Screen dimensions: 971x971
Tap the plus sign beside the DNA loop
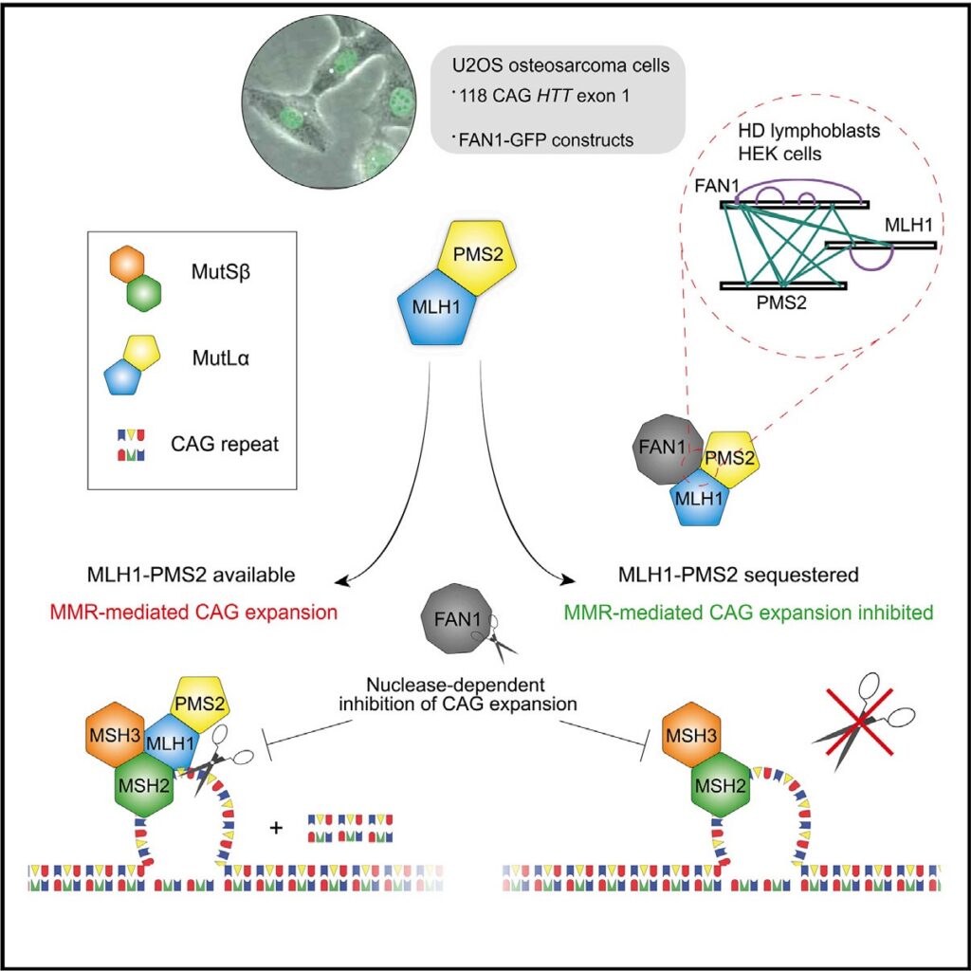point(277,828)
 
